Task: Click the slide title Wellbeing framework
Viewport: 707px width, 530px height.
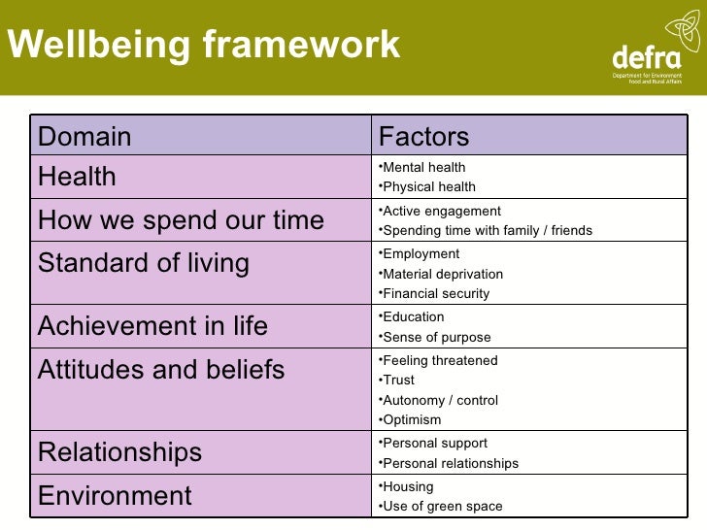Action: click(203, 45)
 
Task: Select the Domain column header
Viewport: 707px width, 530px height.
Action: click(84, 137)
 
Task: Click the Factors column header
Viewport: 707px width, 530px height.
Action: click(423, 137)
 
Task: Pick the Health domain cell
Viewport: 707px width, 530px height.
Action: click(77, 177)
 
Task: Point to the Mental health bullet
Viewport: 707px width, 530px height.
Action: click(422, 167)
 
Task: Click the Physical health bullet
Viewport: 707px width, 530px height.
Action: click(427, 186)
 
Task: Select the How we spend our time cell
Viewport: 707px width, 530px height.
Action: click(181, 220)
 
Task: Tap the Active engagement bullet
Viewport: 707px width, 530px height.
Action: click(440, 211)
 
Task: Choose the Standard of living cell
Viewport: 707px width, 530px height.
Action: click(144, 263)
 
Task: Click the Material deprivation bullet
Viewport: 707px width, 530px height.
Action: click(442, 274)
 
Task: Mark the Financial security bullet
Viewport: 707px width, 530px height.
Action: click(435, 293)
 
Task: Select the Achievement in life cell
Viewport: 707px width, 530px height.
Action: click(152, 326)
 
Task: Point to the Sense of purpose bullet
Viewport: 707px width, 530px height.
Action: click(436, 337)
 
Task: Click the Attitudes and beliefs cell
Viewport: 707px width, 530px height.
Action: click(161, 370)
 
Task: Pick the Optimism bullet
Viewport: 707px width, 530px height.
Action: click(412, 419)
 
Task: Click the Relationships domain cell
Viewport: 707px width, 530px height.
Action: click(119, 452)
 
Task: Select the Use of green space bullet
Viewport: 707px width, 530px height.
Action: click(442, 506)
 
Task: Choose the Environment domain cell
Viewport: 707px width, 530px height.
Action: click(115, 496)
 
